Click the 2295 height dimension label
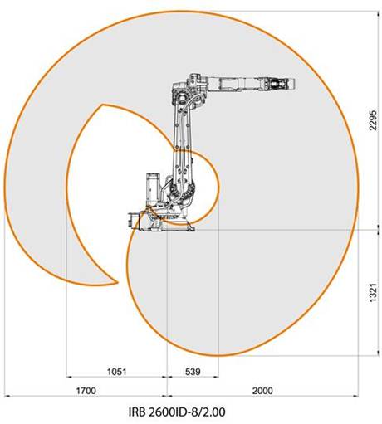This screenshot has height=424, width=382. (373, 120)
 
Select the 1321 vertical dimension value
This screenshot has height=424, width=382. (373, 292)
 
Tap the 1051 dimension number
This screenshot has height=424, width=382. (116, 372)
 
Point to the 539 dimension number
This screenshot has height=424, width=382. (193, 372)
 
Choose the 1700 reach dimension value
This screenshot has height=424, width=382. (86, 391)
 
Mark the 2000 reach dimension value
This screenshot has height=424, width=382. (262, 391)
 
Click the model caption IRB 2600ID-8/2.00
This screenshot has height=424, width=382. (177, 412)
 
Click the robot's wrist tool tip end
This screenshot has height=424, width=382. (294, 84)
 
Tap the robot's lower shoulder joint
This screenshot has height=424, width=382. (181, 190)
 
